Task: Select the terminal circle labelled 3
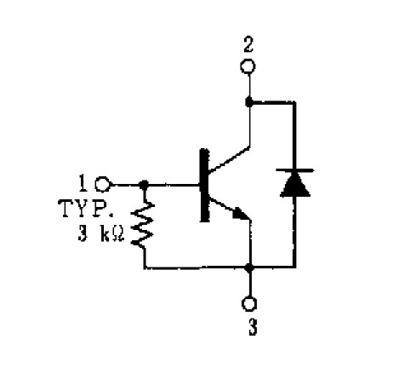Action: pyautogui.click(x=249, y=304)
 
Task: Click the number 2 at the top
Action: pyautogui.click(x=248, y=45)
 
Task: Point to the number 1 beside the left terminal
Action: pyautogui.click(x=83, y=183)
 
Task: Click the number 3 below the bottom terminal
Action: pyautogui.click(x=253, y=327)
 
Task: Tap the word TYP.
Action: pyautogui.click(x=85, y=209)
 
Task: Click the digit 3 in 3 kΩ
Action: pyautogui.click(x=83, y=233)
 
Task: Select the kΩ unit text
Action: pyautogui.click(x=112, y=233)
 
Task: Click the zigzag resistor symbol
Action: pyautogui.click(x=142, y=224)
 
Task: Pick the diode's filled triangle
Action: pyautogui.click(x=295, y=185)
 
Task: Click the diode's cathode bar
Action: pyautogui.click(x=295, y=170)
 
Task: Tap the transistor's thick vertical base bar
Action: pyautogui.click(x=204, y=185)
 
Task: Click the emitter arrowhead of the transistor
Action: pyautogui.click(x=241, y=214)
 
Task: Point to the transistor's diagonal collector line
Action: pyautogui.click(x=229, y=159)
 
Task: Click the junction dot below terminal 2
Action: pyautogui.click(x=249, y=101)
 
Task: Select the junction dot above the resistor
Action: pyautogui.click(x=144, y=185)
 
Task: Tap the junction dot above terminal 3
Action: pyautogui.click(x=249, y=267)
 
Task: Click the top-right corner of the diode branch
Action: pyautogui.click(x=294, y=102)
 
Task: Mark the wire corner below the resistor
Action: pyautogui.click(x=145, y=267)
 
